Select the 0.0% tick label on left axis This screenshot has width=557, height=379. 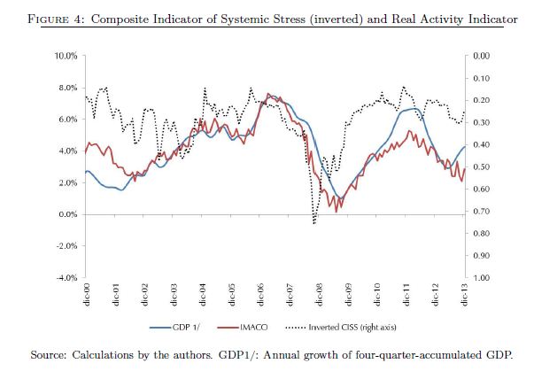click(70, 215)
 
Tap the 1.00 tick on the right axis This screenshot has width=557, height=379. click(483, 278)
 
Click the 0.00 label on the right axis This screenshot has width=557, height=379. click(483, 56)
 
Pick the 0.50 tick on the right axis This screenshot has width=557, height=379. click(483, 167)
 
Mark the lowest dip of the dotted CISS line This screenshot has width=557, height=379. click(314, 223)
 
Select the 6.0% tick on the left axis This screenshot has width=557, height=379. click(70, 120)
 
